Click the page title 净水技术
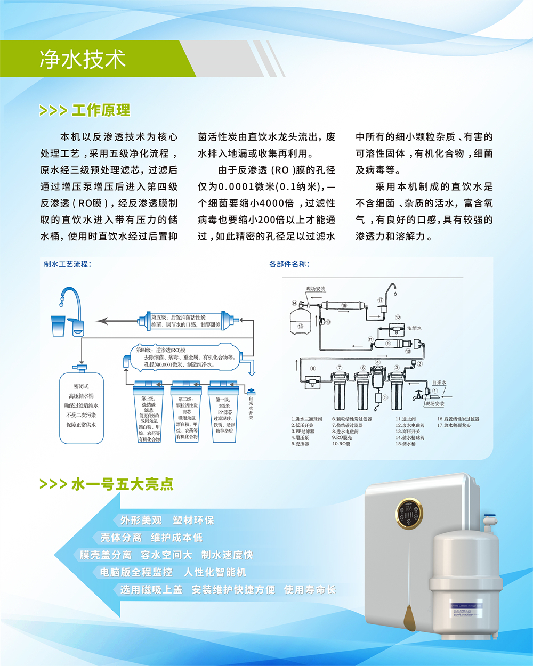(83, 59)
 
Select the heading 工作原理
(101, 110)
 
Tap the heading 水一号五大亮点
(122, 484)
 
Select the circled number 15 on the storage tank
(300, 326)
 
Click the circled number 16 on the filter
(344, 306)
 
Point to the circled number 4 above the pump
(377, 362)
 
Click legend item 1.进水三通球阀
(306, 419)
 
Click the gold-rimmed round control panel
(409, 513)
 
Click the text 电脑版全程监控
(136, 572)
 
